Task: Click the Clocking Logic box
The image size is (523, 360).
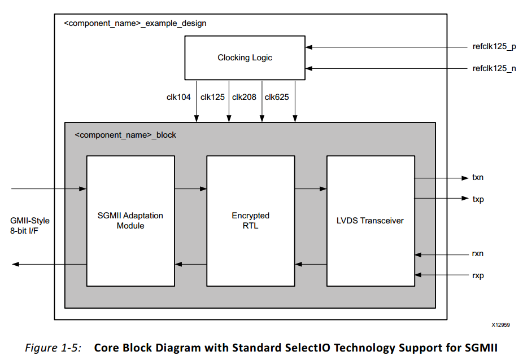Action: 245,58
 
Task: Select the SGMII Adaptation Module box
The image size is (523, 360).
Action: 130,221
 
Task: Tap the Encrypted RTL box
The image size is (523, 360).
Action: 250,221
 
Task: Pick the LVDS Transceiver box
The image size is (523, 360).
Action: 371,221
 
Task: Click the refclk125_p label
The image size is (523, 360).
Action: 494,47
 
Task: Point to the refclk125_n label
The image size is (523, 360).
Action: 494,69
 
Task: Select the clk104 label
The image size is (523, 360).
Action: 178,97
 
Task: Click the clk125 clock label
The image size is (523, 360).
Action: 212,97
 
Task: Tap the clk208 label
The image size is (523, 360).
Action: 244,97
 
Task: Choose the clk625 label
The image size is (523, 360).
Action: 277,97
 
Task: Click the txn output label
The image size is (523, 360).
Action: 478,178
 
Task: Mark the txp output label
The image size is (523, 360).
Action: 478,199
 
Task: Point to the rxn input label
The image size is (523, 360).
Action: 478,254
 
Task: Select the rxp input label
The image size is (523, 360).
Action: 478,275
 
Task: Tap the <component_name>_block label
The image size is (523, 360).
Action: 125,135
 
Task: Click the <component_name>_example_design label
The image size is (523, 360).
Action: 135,24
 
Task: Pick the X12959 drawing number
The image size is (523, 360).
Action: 500,326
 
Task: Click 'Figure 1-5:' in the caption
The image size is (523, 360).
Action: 53,348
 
